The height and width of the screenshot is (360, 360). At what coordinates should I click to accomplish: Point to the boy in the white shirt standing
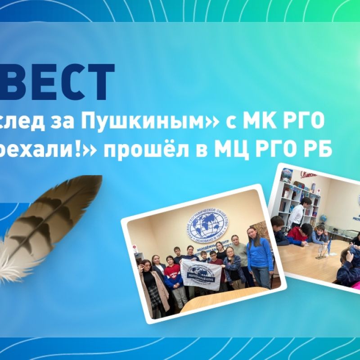pyautogui.click(x=297, y=211)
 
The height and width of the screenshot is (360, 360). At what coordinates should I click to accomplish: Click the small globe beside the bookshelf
pyautogui.click(x=323, y=219)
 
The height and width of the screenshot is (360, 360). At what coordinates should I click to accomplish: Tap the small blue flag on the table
pyautogui.click(x=329, y=246)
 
